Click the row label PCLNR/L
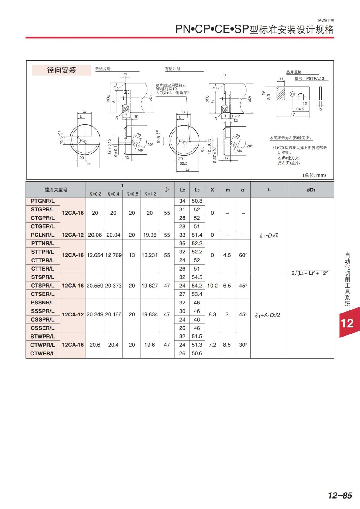[43, 235]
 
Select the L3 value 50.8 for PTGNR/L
[197, 201]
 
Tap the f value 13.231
[149, 255]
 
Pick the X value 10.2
[212, 286]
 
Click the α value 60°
[243, 255]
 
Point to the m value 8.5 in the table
[227, 345]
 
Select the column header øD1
[311, 190]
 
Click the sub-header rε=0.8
[132, 194]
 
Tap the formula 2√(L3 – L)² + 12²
[310, 273]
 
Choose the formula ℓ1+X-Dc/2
[268, 315]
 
